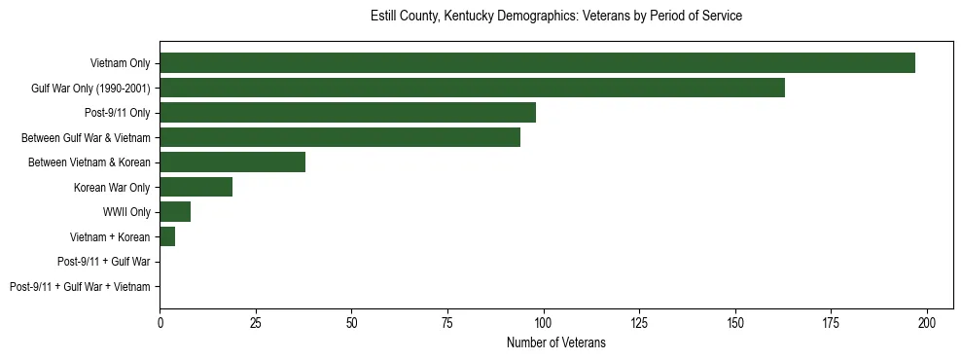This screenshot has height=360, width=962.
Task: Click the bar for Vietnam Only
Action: [537, 63]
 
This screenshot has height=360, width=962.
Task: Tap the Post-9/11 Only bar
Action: [347, 113]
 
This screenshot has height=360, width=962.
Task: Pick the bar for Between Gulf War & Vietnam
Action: [339, 137]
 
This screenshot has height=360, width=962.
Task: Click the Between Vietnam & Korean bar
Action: [232, 162]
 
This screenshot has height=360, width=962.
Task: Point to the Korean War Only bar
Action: [196, 187]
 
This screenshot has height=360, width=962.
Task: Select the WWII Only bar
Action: [175, 212]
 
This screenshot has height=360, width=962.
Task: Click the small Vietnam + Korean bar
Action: [167, 236]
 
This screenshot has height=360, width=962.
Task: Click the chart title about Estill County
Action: [556, 17]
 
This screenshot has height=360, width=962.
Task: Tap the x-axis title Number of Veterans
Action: [556, 342]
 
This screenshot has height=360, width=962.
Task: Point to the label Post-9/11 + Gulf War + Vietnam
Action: [80, 287]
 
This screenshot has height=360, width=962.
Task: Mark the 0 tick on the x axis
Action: [160, 322]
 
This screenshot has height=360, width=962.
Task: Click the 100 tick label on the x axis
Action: [544, 322]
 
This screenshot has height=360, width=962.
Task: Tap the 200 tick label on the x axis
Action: [927, 322]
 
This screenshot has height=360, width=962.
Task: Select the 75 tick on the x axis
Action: [447, 322]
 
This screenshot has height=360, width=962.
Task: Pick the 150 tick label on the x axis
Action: [735, 322]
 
